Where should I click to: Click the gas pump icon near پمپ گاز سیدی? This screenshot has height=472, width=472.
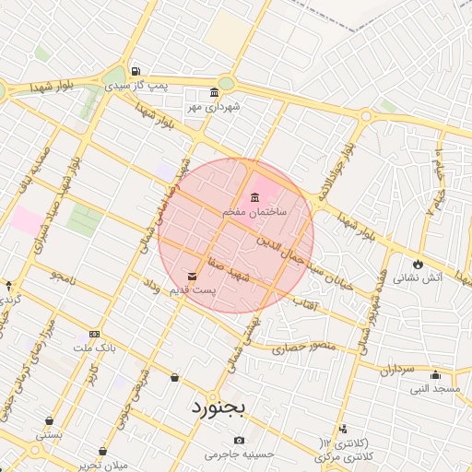pos(136,71)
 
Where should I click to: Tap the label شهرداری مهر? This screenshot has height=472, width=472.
pos(215,107)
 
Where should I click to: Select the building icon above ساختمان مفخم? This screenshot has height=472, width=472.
pos(254,198)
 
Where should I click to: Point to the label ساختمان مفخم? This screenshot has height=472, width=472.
pos(254,212)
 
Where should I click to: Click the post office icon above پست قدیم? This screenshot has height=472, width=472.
pos(192,276)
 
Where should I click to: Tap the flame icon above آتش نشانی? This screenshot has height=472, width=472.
pos(419,263)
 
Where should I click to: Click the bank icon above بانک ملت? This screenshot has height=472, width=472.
pos(94,334)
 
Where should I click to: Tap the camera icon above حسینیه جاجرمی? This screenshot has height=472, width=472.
pos(241,441)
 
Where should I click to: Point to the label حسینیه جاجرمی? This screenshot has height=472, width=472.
pos(241,454)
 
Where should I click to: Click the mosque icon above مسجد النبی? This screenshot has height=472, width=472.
pos(435,375)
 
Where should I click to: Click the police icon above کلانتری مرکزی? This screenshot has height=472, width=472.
pos(343,429)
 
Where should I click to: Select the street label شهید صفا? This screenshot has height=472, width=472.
pos(229,263)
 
